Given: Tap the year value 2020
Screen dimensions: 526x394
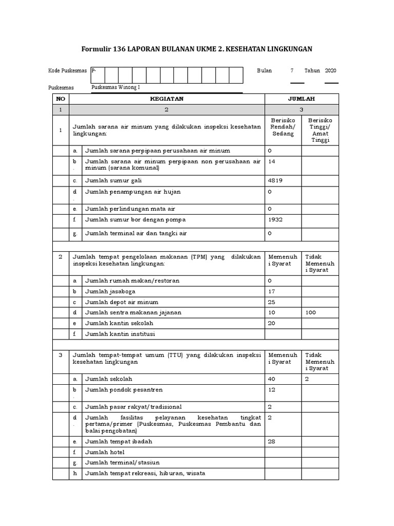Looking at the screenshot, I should [331, 71].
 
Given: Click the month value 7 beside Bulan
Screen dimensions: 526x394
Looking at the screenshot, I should [292, 71].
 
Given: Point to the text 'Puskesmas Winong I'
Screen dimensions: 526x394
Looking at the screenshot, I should [115, 87].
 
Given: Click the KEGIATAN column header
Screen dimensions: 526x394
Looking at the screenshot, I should [166, 99].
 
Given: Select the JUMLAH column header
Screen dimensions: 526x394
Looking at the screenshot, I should [301, 99].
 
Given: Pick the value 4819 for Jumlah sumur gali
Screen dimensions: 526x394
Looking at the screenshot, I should [275, 180].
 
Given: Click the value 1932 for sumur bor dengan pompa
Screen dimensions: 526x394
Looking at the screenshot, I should [275, 219].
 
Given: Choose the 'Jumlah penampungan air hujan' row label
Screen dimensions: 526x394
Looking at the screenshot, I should [133, 192].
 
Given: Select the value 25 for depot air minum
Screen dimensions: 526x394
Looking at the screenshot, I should [271, 302].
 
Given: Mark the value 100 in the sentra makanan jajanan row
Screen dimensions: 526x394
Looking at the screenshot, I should [311, 312].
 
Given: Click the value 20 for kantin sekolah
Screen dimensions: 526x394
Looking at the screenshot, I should [271, 323].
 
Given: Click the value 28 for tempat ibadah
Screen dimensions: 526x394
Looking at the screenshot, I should [271, 441].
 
